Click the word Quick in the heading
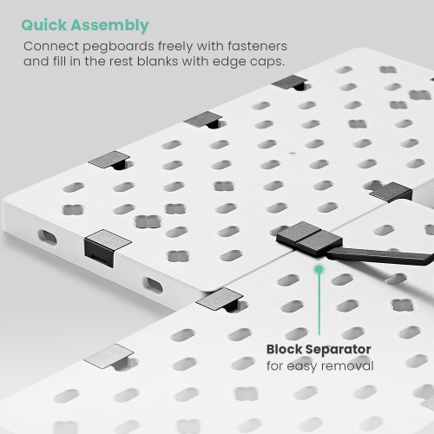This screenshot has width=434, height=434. pos(44,25)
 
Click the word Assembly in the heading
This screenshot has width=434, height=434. pos(110,26)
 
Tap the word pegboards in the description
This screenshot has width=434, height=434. pos(118,47)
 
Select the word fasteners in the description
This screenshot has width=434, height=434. pos(257,46)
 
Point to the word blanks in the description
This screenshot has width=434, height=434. pos(157,62)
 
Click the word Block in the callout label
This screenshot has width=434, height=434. pos(284,349)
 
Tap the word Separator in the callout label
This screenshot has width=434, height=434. pos(339,350)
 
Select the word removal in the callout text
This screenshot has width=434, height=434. pos(347,365)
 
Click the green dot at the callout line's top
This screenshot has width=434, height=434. pos(319,269)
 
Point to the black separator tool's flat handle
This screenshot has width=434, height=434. pos(380,255)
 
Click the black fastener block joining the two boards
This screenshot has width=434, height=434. pos(309,238)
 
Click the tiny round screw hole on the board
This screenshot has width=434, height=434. pos(293,154)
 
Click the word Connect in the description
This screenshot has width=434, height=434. pos(51,46)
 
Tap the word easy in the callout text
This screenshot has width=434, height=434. pos(301,366)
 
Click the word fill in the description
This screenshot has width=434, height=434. pos(59,62)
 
